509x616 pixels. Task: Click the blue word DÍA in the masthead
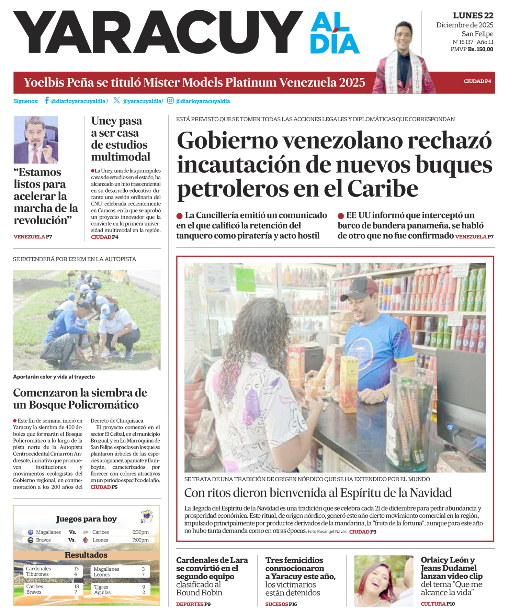335,44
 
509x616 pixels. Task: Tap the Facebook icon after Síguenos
46,101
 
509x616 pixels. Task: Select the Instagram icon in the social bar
170,100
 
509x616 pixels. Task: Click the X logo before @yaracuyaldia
116,100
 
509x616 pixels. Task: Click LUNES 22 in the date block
473,15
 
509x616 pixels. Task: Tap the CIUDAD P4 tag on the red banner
477,81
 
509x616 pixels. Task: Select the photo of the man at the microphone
36,139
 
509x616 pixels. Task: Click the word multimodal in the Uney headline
121,157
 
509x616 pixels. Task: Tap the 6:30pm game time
140,532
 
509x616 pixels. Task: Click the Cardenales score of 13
76,569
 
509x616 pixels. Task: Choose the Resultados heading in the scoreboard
86,555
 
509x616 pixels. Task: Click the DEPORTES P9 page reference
193,604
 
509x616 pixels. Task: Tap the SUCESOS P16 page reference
281,604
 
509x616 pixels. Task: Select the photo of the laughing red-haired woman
383,580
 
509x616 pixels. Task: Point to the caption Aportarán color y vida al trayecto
54,377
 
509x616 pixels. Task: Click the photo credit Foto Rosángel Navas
327,531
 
